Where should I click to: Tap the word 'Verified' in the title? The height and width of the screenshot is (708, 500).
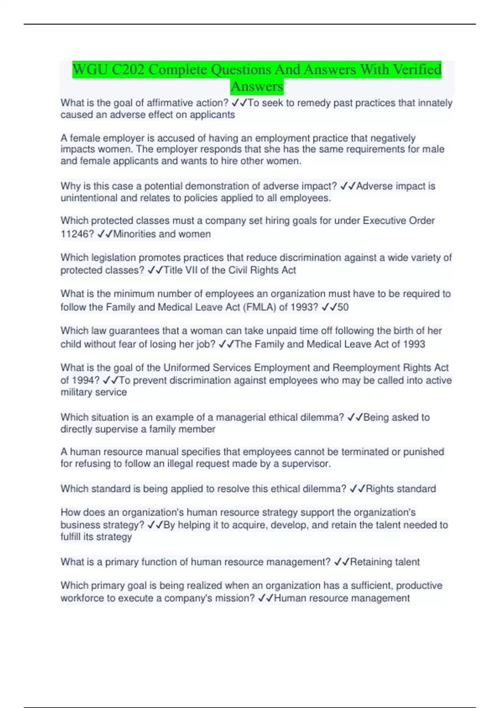(x=412, y=69)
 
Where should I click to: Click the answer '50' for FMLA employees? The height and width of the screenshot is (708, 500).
(x=343, y=307)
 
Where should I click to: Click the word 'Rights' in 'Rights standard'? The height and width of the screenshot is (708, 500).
(x=380, y=489)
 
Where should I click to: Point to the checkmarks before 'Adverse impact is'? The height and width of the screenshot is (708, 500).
(x=347, y=186)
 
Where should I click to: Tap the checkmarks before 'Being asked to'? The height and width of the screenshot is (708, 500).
(x=355, y=417)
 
